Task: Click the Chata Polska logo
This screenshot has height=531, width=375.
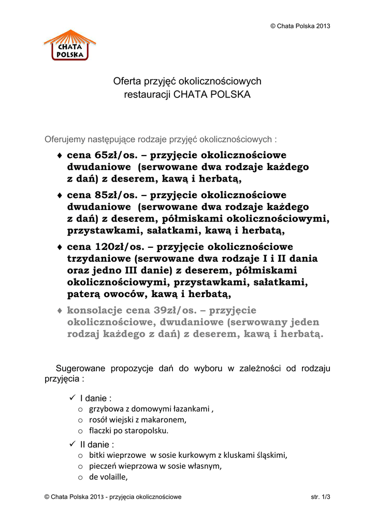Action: (70, 45)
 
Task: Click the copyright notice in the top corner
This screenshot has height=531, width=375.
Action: (300, 26)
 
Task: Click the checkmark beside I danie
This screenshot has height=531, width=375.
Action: (71, 398)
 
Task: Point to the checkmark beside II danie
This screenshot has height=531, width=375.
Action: (71, 444)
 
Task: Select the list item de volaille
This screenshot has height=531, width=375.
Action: (108, 478)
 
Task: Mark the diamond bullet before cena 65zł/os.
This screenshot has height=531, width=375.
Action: (60, 156)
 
